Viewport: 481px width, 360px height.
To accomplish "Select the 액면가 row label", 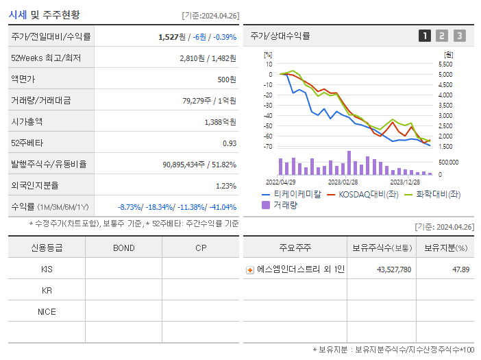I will (x=23, y=80).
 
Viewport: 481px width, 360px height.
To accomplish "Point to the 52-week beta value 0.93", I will (x=230, y=143).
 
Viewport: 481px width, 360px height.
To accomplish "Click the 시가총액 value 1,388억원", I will (x=220, y=122).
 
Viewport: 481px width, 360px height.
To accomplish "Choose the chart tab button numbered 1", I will (x=425, y=36).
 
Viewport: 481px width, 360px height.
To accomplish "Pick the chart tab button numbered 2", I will (x=442, y=36).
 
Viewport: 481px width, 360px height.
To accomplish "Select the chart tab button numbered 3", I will (x=459, y=36).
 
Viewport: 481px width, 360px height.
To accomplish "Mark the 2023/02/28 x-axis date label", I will (x=343, y=182).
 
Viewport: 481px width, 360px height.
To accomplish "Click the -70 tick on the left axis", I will (x=268, y=147).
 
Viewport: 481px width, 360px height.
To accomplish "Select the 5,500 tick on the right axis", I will (x=445, y=64).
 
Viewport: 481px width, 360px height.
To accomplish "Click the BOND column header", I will (x=123, y=248).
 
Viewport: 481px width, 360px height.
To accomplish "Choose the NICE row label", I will (x=47, y=312).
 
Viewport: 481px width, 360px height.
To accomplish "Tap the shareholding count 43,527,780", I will (x=394, y=269).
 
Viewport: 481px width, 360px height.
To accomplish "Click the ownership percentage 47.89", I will (x=460, y=269).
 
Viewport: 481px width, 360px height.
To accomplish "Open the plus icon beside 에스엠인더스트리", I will (x=250, y=270).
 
